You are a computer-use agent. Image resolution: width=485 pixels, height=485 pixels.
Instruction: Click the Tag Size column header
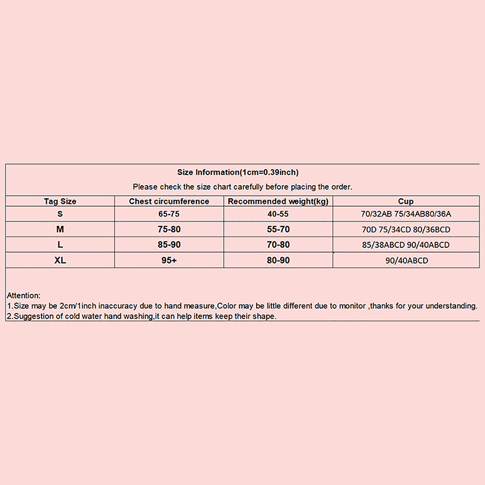point(60,201)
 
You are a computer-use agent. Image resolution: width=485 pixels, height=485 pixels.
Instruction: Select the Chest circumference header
point(169,201)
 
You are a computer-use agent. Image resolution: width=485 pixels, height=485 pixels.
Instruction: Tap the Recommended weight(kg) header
point(278,201)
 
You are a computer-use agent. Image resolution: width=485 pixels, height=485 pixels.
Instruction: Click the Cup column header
point(406,201)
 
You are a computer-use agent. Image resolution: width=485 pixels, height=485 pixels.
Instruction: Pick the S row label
point(60,214)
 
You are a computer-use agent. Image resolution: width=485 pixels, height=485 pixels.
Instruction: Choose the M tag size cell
point(60,229)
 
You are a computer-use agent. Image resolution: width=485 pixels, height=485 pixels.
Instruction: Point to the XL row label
point(60,260)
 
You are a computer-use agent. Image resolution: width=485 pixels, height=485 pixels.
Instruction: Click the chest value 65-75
point(169,214)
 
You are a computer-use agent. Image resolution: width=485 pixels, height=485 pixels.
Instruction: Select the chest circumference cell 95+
point(169,260)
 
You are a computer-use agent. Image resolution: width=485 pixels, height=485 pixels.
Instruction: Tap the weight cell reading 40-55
point(278,214)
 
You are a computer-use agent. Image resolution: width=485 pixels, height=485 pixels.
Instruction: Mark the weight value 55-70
point(278,229)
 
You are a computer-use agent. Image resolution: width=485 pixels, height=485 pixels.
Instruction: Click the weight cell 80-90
point(278,260)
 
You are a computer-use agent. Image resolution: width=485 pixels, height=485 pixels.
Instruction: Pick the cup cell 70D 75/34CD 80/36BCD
point(406,229)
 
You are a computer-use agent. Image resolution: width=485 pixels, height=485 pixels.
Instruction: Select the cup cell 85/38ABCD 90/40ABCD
point(406,245)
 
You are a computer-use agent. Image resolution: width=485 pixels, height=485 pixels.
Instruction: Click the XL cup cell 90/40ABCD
point(406,261)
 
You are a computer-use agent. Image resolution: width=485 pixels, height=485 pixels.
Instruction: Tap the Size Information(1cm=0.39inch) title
point(238,172)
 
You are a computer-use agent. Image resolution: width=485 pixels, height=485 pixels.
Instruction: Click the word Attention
point(23,296)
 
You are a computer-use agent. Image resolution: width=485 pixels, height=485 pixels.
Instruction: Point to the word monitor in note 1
point(352,306)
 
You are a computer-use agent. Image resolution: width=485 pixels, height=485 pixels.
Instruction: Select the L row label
point(60,245)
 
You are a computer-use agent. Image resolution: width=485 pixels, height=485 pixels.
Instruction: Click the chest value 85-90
point(169,245)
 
